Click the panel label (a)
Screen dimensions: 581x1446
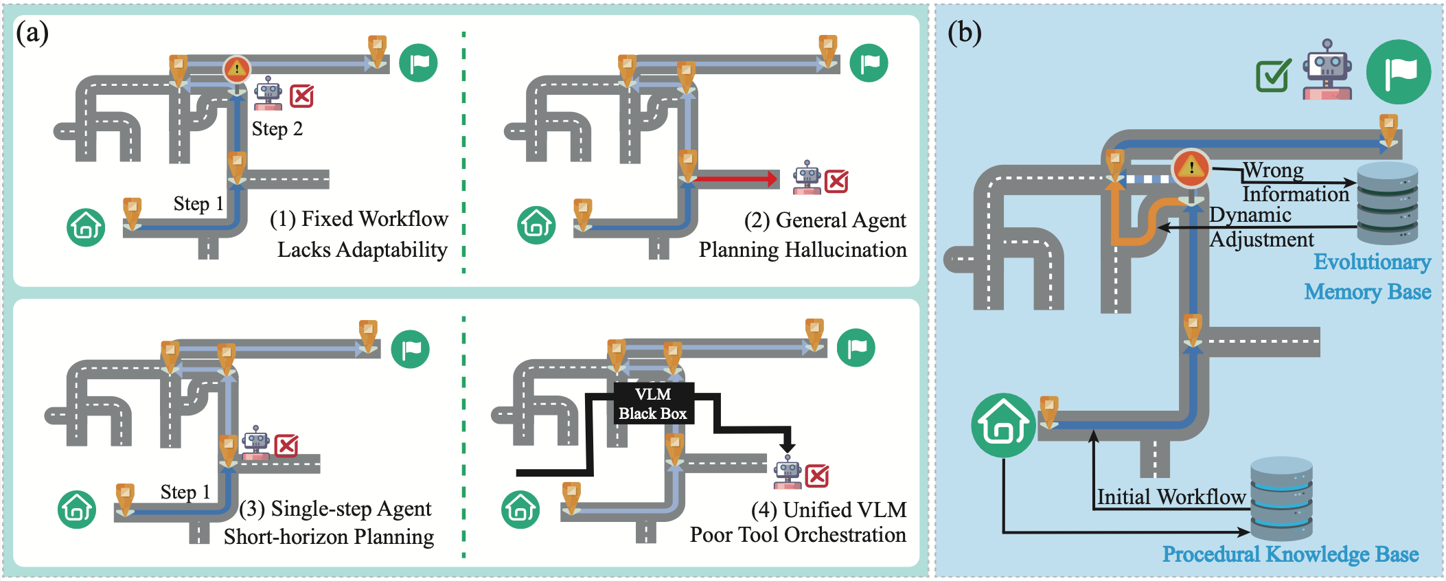pyautogui.click(x=32, y=33)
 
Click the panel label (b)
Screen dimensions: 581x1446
pyautogui.click(x=964, y=33)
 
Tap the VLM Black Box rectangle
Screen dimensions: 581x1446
pyautogui.click(x=653, y=404)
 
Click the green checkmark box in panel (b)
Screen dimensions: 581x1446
pyautogui.click(x=1272, y=76)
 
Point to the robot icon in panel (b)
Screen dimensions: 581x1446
pyautogui.click(x=1328, y=70)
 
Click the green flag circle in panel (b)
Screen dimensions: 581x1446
pyautogui.click(x=1398, y=72)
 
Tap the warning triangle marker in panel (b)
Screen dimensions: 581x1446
pyautogui.click(x=1191, y=168)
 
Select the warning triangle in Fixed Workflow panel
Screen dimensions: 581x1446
pyautogui.click(x=237, y=69)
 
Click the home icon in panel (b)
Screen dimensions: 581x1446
pyautogui.click(x=1003, y=426)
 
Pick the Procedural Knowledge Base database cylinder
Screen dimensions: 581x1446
pyautogui.click(x=1281, y=499)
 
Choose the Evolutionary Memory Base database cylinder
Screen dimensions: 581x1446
pyautogui.click(x=1387, y=203)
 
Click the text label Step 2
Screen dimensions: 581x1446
pyautogui.click(x=277, y=129)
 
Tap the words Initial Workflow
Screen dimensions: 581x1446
pyautogui.click(x=1171, y=497)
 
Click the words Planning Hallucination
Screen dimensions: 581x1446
pyautogui.click(x=803, y=249)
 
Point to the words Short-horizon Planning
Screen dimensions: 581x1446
pyautogui.click(x=329, y=536)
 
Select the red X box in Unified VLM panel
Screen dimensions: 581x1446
pyautogui.click(x=817, y=476)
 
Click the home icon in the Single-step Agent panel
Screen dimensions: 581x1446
pyautogui.click(x=77, y=509)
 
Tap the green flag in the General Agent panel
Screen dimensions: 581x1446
pyautogui.click(x=869, y=63)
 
